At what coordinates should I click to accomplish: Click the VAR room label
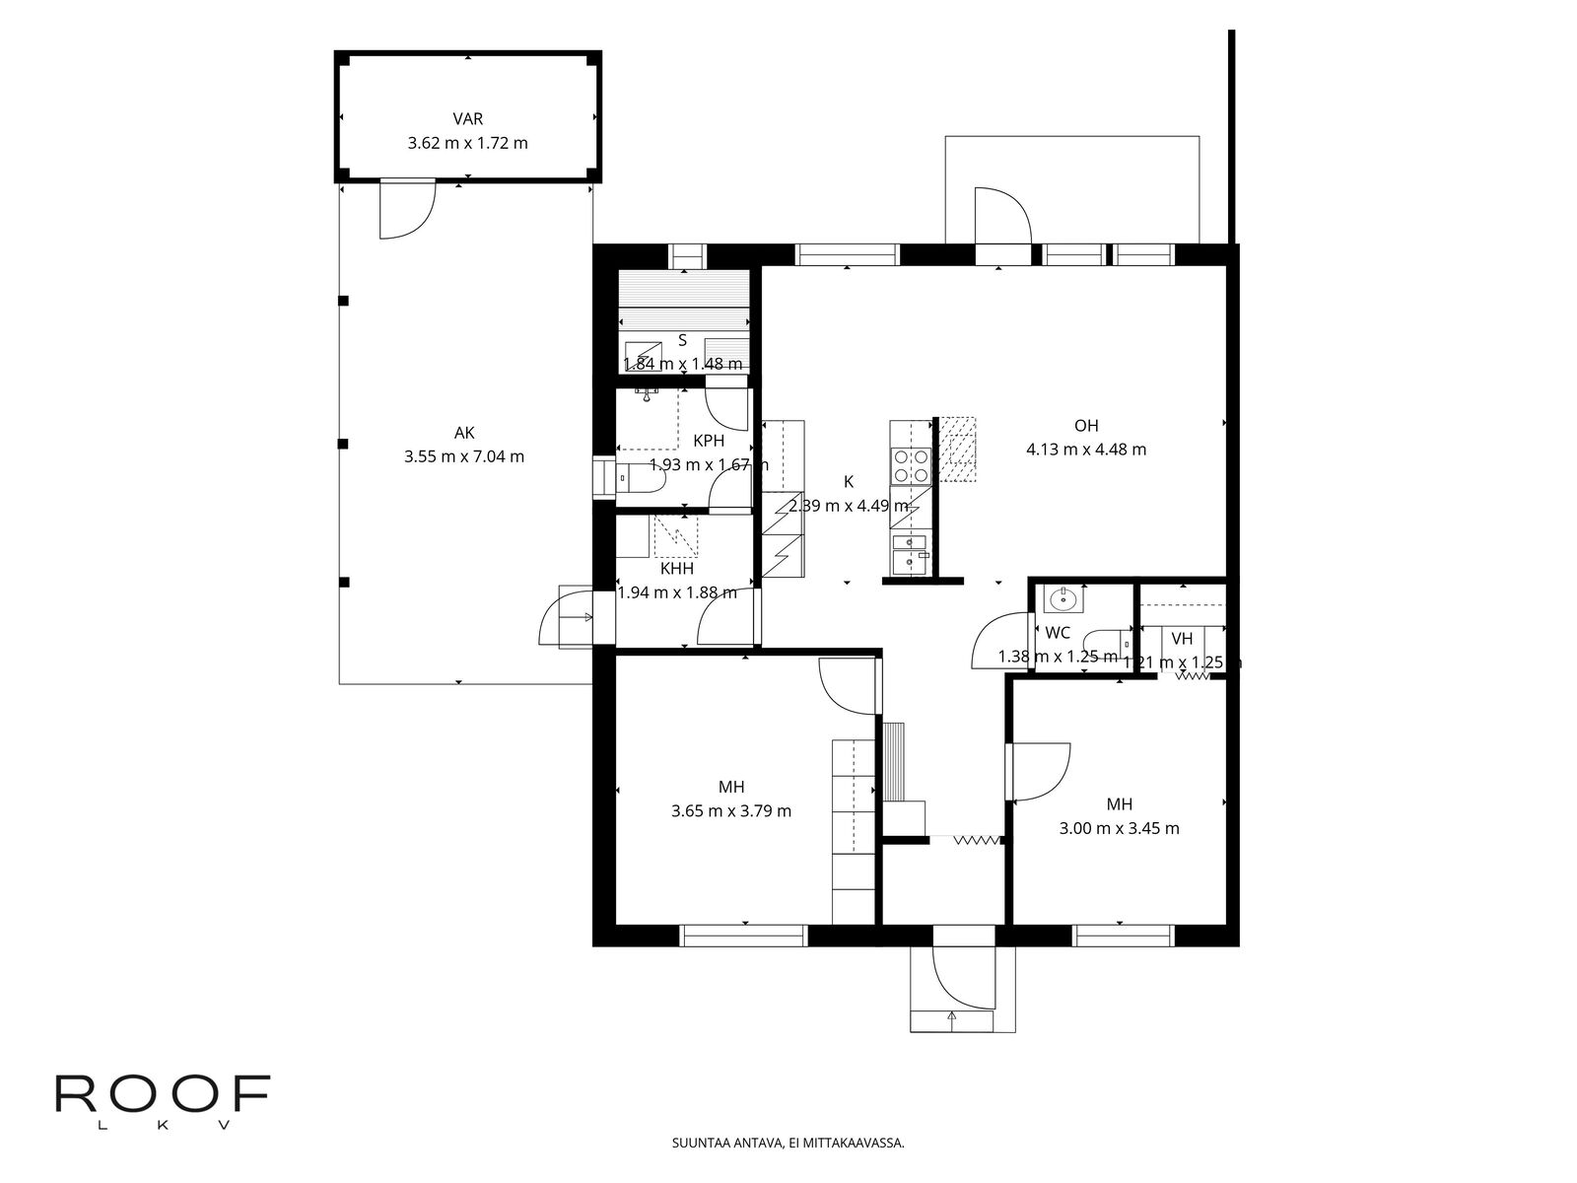tap(467, 119)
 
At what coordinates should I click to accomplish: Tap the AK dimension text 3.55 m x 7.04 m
tap(464, 456)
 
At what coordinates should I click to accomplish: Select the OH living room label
tap(1086, 426)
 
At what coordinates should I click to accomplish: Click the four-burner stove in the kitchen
tap(910, 465)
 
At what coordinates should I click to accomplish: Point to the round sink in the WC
tap(1063, 597)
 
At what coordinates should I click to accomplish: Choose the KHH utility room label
tap(677, 569)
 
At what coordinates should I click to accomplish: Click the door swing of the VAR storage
tap(406, 210)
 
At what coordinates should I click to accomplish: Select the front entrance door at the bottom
tap(960, 977)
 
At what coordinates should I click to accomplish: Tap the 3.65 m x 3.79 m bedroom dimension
tap(731, 811)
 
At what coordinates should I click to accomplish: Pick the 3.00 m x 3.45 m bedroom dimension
tap(1119, 828)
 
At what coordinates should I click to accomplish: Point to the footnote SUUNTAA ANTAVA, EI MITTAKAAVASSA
tap(788, 1144)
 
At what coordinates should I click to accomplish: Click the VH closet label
tap(1182, 639)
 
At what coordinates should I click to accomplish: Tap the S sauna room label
tap(682, 340)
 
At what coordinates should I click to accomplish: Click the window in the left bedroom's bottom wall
tap(744, 935)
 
